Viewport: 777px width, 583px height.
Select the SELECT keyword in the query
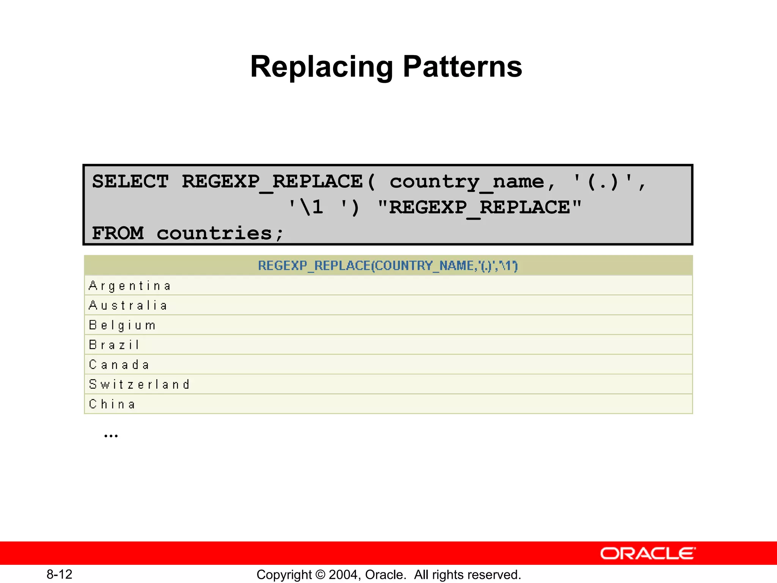pyautogui.click(x=130, y=181)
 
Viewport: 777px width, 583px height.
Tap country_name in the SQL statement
pyautogui.click(x=467, y=182)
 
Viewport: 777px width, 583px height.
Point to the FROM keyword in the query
pyautogui.click(x=118, y=233)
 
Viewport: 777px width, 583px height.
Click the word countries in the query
pyautogui.click(x=215, y=233)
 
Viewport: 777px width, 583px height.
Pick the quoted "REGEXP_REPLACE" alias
pyautogui.click(x=480, y=207)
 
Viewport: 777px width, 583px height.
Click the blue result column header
pyautogui.click(x=388, y=266)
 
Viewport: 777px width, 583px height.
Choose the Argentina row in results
pyautogui.click(x=130, y=286)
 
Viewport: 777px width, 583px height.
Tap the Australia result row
pyautogui.click(x=128, y=306)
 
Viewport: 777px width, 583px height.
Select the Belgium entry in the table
pyautogui.click(x=122, y=325)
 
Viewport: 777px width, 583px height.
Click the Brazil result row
pyautogui.click(x=114, y=345)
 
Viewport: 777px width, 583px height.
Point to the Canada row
pyautogui.click(x=119, y=365)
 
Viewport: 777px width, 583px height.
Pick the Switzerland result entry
pyautogui.click(x=139, y=384)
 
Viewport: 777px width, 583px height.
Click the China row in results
pyautogui.click(x=112, y=404)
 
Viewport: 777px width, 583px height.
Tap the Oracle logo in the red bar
pyautogui.click(x=648, y=553)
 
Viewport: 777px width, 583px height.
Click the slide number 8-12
pyautogui.click(x=60, y=574)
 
